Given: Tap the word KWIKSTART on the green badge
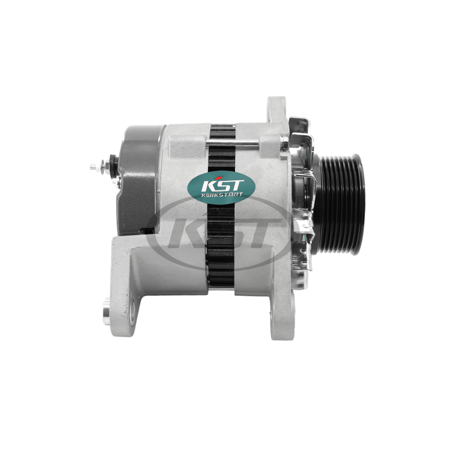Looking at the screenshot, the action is pyautogui.click(x=221, y=195).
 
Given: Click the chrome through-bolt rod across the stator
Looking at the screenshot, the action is pyautogui.click(x=233, y=143).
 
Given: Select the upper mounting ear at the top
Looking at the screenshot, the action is pyautogui.click(x=277, y=110).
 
